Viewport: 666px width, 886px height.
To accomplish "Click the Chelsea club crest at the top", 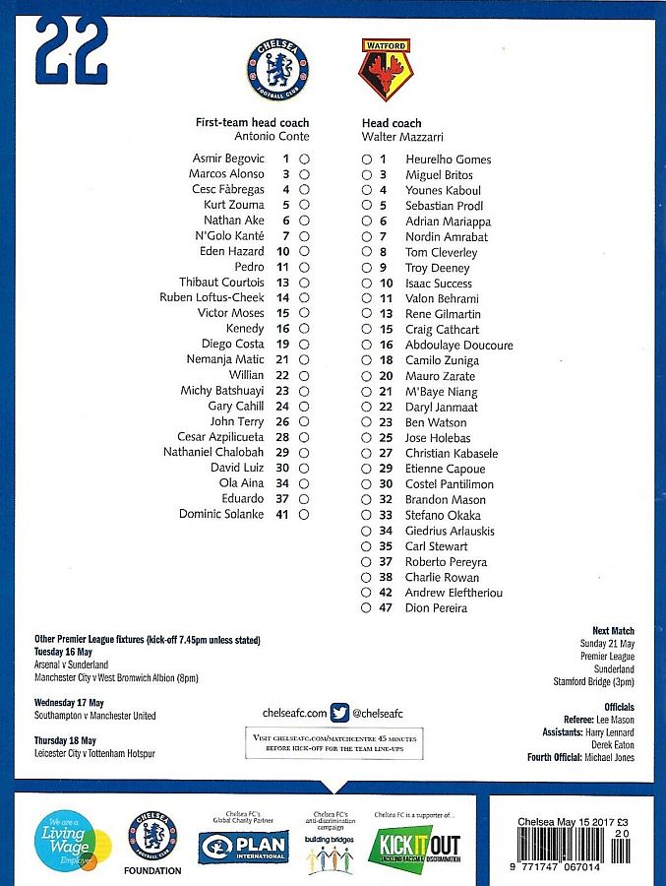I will tap(278, 70).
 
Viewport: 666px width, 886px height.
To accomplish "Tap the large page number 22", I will tap(71, 51).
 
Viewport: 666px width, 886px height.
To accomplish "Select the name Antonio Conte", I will tap(268, 137).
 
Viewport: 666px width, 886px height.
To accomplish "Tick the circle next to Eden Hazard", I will tap(305, 251).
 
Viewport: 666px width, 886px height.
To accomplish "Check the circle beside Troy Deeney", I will tap(366, 268).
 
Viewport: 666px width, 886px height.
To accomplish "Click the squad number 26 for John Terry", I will tap(282, 421).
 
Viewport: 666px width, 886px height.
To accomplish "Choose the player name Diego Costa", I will tap(232, 344).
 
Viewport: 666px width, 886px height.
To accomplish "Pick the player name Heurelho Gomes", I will tap(448, 159).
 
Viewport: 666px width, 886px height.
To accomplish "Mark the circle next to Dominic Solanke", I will tap(305, 514).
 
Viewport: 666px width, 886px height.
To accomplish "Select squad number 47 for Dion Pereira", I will tap(386, 608).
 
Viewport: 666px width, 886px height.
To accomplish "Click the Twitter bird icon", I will tap(340, 713).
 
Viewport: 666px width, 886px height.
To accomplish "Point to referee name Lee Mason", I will tap(615, 720).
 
